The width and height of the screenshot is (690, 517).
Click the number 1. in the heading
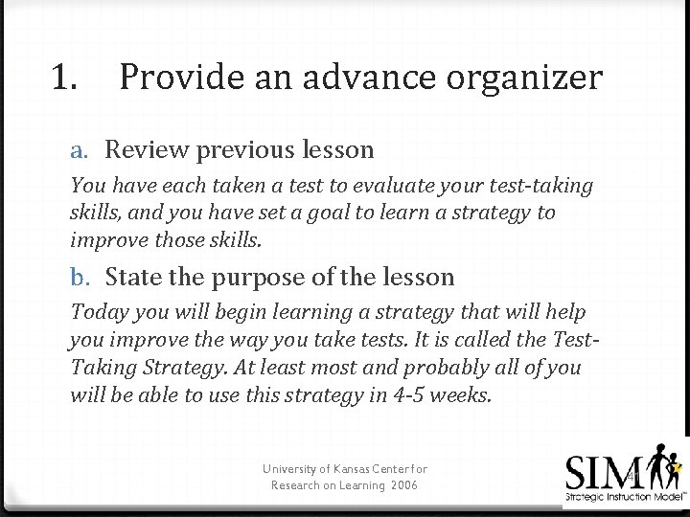click(66, 77)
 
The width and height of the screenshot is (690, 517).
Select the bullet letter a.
click(80, 150)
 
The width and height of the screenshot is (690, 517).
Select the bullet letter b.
click(80, 278)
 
